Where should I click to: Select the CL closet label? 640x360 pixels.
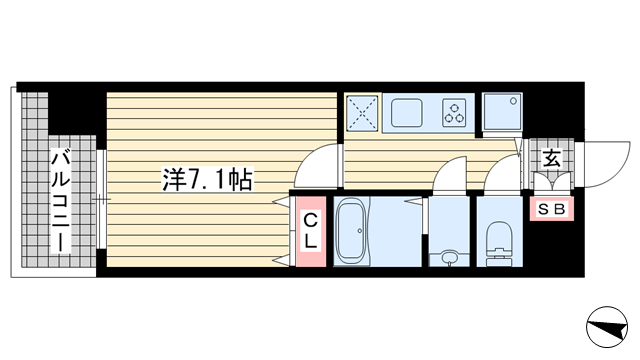[310, 230]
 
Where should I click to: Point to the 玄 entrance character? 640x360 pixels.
[550, 158]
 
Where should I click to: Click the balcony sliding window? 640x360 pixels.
[102, 200]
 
